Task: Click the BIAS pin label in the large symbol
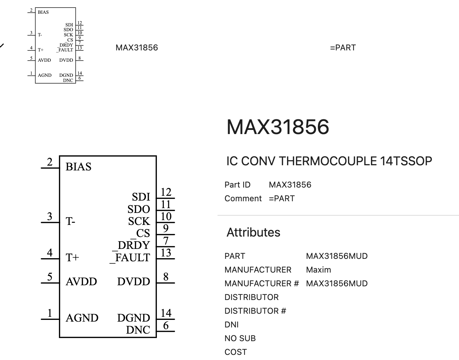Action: coord(78,167)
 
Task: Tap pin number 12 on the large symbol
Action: coord(166,192)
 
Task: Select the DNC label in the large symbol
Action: coord(138,330)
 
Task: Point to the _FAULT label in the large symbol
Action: coord(130,257)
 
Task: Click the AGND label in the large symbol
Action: coord(82,318)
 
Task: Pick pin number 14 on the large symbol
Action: coord(166,313)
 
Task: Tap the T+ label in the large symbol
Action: coord(72,257)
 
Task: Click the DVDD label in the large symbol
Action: coord(134,281)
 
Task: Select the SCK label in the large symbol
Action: coord(139,221)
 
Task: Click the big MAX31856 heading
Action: coord(278,127)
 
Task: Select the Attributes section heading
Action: coord(253,232)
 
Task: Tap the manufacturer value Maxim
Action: coord(318,270)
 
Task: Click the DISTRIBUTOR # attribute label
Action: coord(255,311)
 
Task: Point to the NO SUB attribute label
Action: coord(240,338)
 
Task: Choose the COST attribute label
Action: coord(236,352)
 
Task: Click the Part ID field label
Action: coord(237,185)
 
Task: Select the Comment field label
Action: coord(243,199)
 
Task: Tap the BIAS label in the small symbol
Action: coord(43,12)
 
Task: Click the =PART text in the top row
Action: coord(343,48)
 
